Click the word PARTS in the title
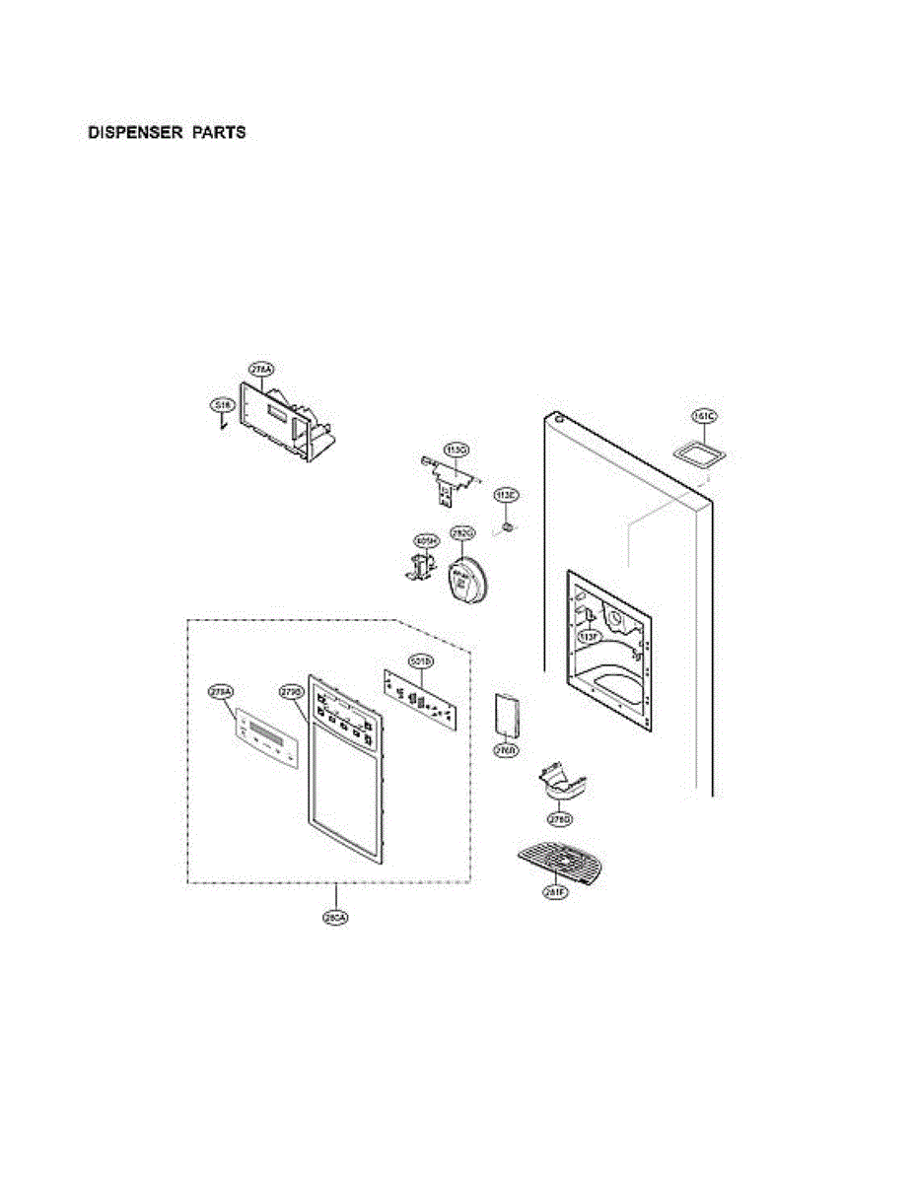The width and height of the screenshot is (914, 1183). pos(219,132)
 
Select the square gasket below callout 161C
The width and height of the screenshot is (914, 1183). pos(699,453)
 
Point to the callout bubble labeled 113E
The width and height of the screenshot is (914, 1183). pos(506,496)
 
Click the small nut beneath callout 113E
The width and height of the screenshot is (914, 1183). pos(507,527)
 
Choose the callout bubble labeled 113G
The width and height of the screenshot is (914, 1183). pos(456,451)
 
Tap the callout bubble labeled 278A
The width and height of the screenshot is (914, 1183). pos(261,370)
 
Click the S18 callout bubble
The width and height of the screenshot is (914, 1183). pos(222,405)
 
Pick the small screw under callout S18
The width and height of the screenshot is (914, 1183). pos(224,424)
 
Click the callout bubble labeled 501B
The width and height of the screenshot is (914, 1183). pos(418,662)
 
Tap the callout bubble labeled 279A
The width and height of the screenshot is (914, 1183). pos(221,692)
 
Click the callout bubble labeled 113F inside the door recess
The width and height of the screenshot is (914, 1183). pos(589,638)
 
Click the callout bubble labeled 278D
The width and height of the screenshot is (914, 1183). pos(559,819)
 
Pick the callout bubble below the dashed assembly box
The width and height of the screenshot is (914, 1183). pos(336,919)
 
